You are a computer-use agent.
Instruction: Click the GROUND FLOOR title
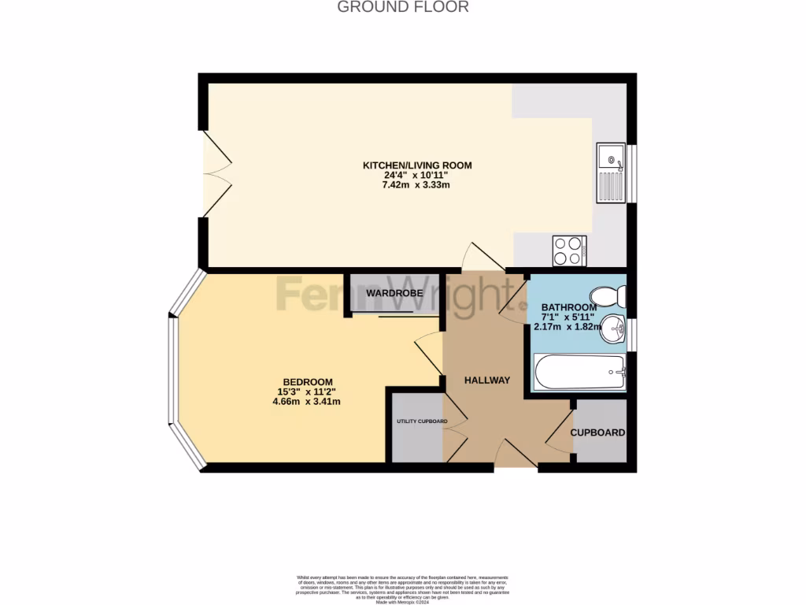(x=403, y=7)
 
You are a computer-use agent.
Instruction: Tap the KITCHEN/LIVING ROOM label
(x=416, y=165)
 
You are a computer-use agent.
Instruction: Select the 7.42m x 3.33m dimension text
(x=416, y=185)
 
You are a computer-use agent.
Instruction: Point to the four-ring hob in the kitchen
(x=569, y=251)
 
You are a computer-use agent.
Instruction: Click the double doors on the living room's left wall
(x=216, y=173)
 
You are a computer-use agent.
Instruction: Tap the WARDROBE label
(x=394, y=293)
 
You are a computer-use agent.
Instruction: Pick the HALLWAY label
(x=486, y=380)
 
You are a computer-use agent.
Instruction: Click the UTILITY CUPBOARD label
(x=421, y=421)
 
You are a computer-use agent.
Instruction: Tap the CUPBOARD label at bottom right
(x=597, y=432)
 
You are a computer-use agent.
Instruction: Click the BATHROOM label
(x=568, y=307)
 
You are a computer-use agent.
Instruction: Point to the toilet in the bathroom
(x=610, y=297)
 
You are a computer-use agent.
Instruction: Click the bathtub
(x=579, y=372)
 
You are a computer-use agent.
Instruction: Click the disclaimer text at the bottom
(x=403, y=588)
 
